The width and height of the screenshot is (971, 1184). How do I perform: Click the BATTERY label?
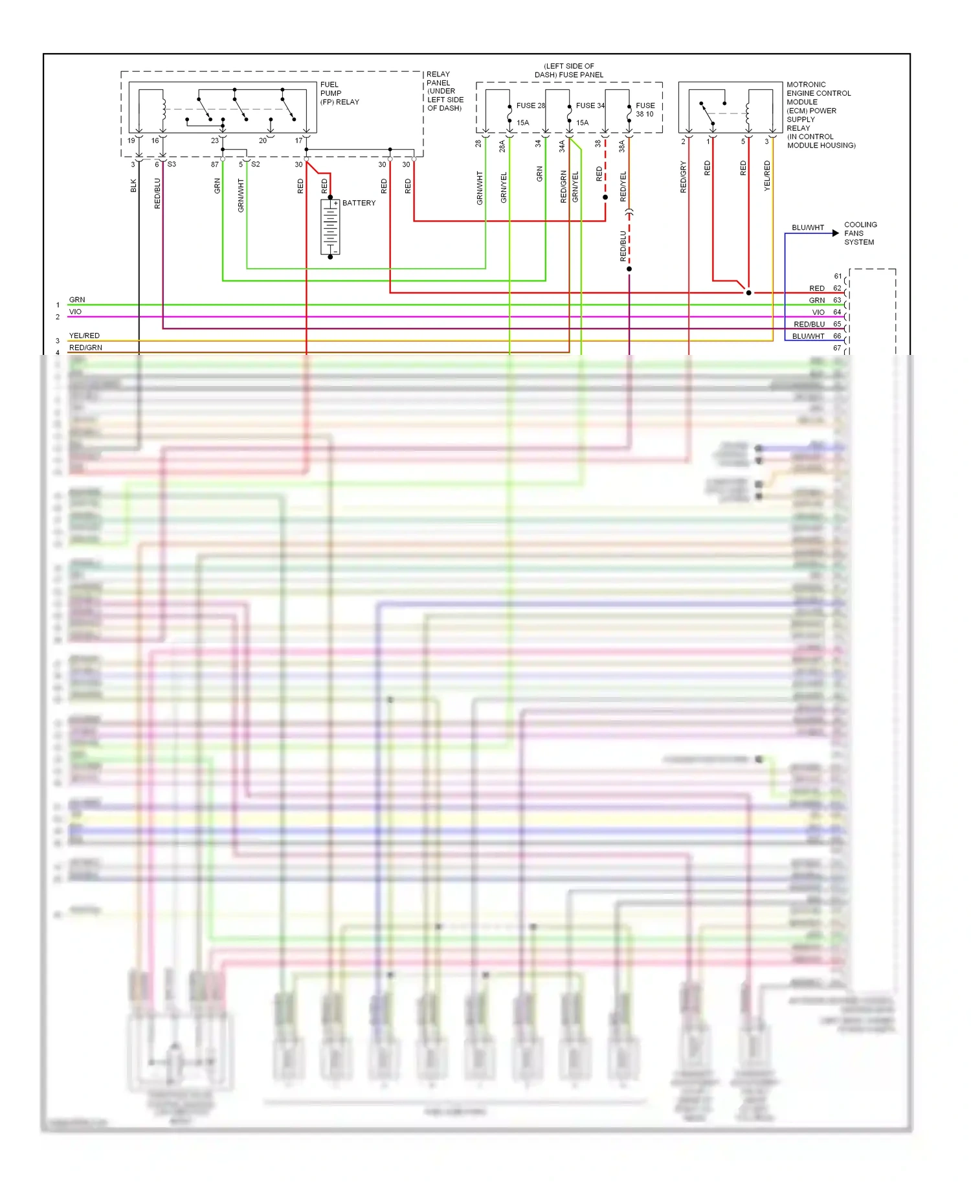359,203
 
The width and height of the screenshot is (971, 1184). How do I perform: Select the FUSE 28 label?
530,106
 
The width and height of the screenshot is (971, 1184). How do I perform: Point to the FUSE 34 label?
590,106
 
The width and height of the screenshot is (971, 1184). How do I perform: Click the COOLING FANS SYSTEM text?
860,233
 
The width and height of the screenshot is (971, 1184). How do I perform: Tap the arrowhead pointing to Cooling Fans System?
836,233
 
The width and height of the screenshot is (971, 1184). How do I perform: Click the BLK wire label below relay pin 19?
134,186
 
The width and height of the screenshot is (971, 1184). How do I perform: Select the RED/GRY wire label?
683,177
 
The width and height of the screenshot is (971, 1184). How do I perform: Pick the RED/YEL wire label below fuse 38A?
623,187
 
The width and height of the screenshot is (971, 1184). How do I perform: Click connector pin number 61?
838,277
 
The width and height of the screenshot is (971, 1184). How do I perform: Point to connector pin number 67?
838,348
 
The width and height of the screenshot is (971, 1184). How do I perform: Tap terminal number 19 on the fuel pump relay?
131,141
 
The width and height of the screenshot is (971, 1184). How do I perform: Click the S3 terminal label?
172,165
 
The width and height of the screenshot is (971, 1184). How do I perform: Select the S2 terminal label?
256,165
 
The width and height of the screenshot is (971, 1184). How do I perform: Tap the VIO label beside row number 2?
75,312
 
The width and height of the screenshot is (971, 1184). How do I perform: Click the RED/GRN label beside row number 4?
85,348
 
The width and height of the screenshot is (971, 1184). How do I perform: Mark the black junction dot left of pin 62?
749,293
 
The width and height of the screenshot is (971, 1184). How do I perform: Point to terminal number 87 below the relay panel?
214,165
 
